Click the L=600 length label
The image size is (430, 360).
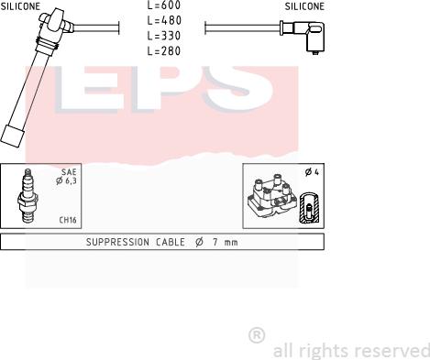coord(163,5)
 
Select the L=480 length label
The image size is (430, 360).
coord(163,21)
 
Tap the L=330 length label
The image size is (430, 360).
coord(163,37)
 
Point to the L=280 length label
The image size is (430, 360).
coord(163,51)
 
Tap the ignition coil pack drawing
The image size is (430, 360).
coord(272,198)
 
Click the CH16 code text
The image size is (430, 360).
coord(67,220)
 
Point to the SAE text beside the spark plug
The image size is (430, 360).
coord(68,171)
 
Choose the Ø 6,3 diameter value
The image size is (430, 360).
coord(66,180)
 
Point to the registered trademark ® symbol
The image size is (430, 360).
coord(257,335)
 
